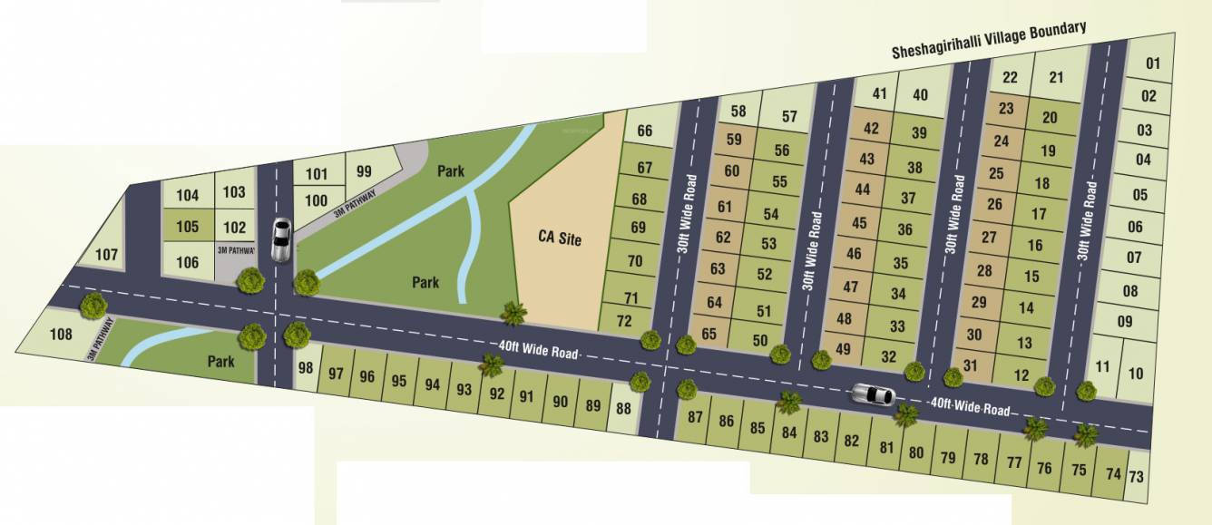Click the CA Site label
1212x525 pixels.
pos(558,239)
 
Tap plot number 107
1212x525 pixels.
pos(106,255)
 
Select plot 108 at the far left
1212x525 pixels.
pos(61,335)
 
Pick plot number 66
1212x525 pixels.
pos(645,131)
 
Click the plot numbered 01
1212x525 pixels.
pos(1153,63)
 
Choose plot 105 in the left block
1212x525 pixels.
pos(187,227)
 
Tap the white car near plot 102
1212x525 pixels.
pos(282,241)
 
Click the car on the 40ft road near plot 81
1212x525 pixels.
pos(873,394)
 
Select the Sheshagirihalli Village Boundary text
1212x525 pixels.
pos(989,40)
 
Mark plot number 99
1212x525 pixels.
pos(364,170)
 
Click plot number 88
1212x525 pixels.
pos(623,409)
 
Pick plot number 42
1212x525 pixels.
pos(871,129)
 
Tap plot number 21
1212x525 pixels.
pos(1056,77)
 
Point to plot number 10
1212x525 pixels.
pos(1135,373)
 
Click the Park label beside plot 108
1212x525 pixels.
pos(220,362)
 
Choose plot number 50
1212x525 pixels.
pos(760,340)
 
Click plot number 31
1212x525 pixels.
pos(970,365)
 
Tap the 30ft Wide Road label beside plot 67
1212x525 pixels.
pos(689,213)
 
